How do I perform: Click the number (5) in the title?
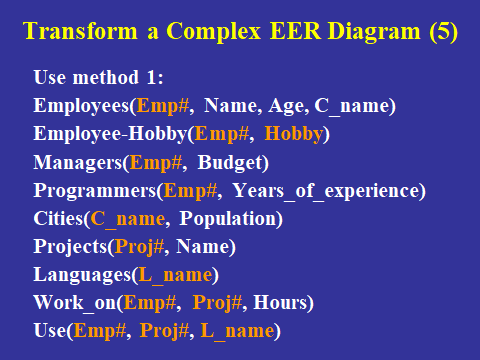pos(443,31)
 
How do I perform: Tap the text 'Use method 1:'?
pos(99,77)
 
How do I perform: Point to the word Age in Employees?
pos(286,106)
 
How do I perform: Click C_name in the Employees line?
pos(352,107)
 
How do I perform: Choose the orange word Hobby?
pos(294,134)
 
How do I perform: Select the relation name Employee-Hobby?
pos(110,134)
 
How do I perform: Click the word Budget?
pos(230,163)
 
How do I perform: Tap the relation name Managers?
pos(78,163)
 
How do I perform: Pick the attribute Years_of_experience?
pos(326,191)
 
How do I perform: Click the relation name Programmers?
pos(95,191)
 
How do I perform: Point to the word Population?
pos(228,219)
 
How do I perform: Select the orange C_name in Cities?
pos(128,219)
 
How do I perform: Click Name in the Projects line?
pos(203,247)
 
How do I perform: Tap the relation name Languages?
pos(82,275)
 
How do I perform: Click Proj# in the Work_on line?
pos(217,303)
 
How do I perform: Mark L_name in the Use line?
pos(237,331)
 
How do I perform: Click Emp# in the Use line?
pos(100,331)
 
